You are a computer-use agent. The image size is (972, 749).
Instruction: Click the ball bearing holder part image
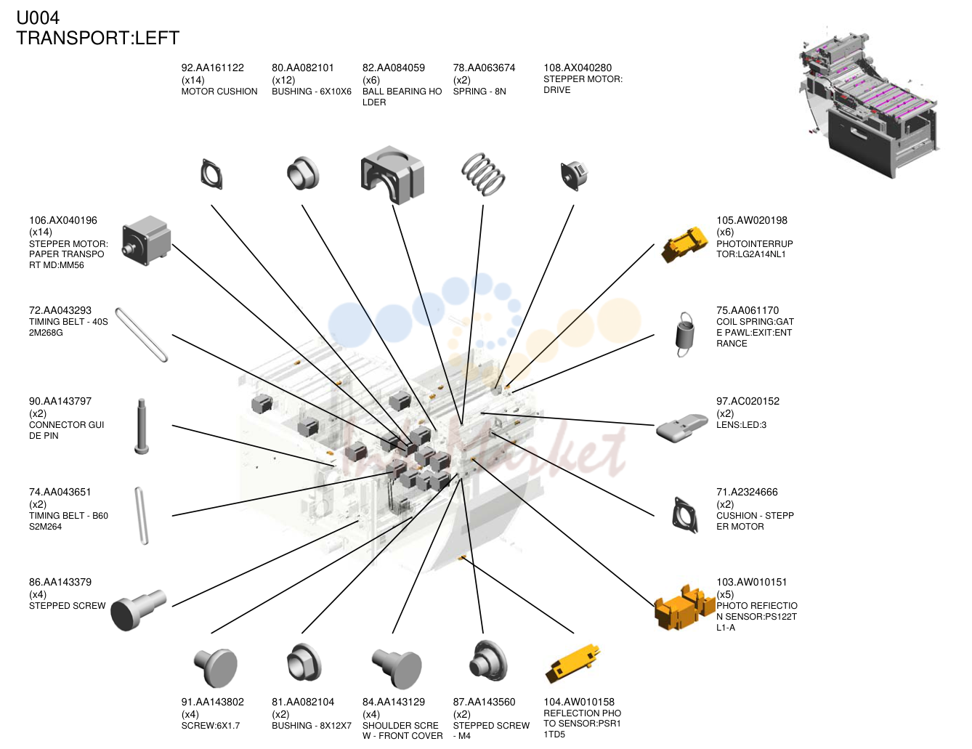392,175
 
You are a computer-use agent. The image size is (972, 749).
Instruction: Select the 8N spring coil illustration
483,174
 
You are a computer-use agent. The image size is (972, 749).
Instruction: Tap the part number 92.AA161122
212,68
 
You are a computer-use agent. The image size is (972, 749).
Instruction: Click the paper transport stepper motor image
147,240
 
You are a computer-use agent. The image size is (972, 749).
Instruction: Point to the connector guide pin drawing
142,426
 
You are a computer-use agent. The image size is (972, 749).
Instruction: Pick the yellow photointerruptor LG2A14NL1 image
684,245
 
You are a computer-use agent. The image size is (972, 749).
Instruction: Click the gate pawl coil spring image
684,334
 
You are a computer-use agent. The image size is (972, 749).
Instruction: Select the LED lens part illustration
682,427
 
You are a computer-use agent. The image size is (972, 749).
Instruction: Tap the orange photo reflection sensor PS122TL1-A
684,607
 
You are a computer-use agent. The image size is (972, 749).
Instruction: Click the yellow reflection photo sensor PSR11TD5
572,663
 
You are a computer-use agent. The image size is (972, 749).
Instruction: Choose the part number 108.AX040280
578,68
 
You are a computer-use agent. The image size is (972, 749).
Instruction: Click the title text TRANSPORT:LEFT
98,38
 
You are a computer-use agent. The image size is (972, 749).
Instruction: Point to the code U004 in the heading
38,18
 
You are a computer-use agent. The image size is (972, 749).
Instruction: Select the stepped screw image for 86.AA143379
138,610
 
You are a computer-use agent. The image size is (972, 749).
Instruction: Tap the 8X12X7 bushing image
304,663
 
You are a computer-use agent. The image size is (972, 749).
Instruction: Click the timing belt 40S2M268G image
142,334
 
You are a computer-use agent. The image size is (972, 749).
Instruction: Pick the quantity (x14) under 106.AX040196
41,232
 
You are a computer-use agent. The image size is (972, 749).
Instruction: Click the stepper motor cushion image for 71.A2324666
685,515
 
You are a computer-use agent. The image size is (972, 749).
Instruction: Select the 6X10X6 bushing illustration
303,174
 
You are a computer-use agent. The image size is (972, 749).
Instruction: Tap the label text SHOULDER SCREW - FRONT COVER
402,730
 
